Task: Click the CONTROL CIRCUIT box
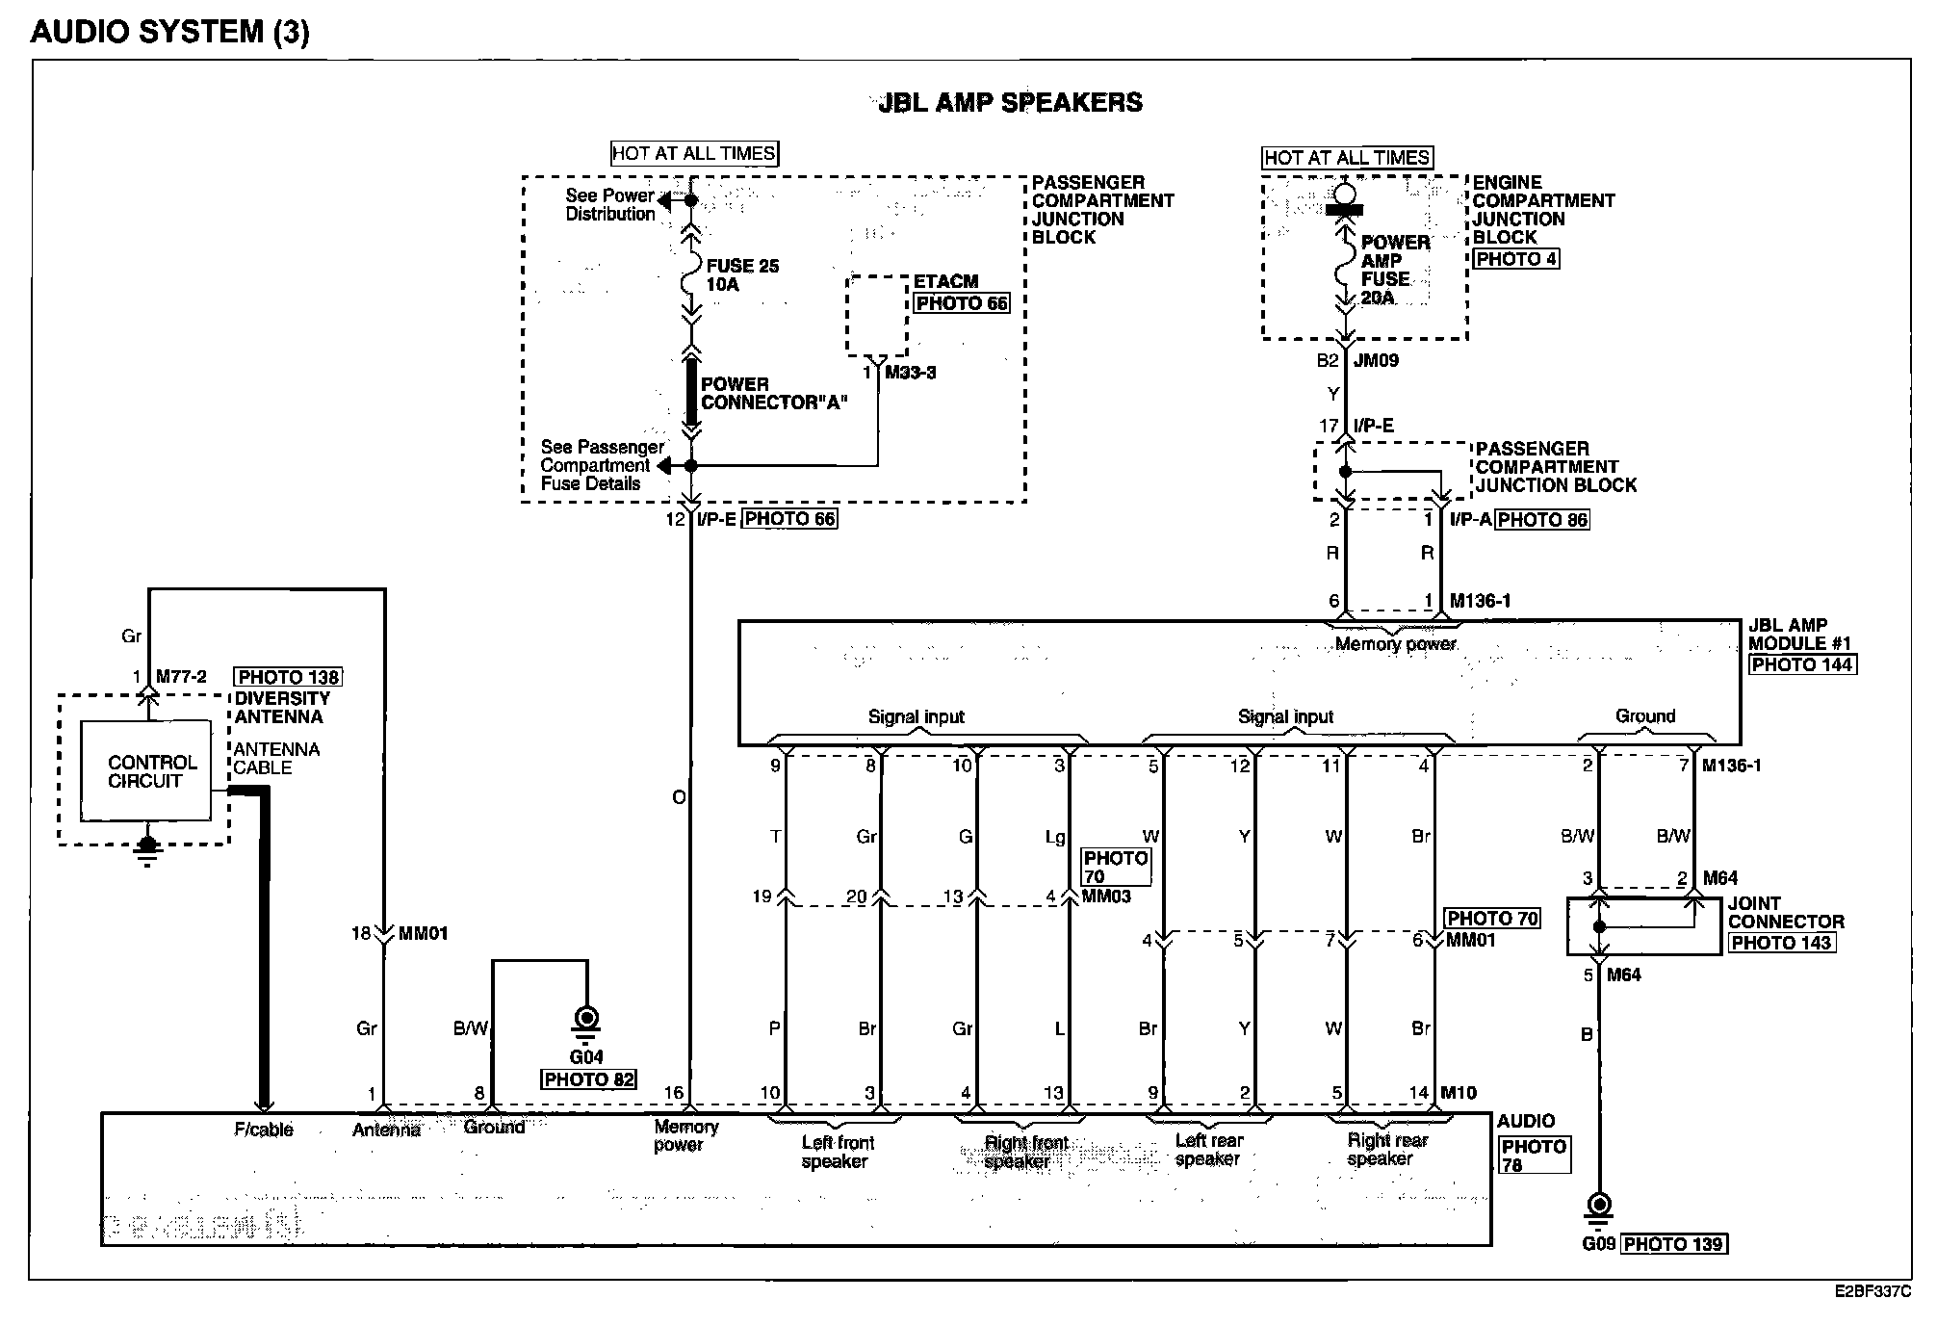point(145,771)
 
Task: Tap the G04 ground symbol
point(585,1020)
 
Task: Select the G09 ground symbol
point(1599,1207)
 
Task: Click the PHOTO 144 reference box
point(1801,664)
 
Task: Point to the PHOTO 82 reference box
point(589,1079)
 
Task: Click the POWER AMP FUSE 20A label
point(1394,270)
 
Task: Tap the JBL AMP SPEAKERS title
point(1010,103)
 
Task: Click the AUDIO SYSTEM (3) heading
point(170,32)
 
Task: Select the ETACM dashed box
point(876,316)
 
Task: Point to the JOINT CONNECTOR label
point(1785,913)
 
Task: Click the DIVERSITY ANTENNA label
point(282,708)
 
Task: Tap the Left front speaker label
point(837,1152)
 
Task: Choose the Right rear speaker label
point(1386,1150)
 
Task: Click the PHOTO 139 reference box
point(1673,1244)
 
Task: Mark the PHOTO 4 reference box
point(1515,259)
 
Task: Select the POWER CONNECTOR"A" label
point(773,393)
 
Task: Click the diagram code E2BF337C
point(1871,1292)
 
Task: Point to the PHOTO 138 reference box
point(289,677)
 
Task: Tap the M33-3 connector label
point(910,373)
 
